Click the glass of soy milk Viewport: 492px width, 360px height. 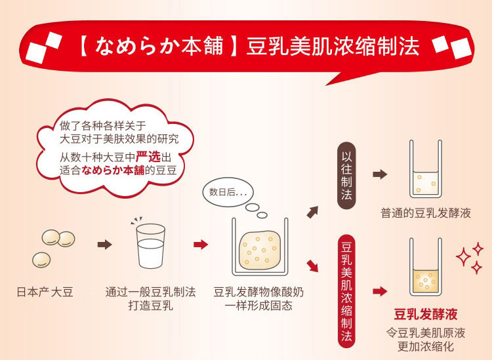pos(151,246)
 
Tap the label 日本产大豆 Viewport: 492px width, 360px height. pos(45,292)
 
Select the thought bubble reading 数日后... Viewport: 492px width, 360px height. pos(228,192)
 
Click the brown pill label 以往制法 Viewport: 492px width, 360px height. pos(346,176)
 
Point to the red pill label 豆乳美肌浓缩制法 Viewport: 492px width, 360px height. pos(346,292)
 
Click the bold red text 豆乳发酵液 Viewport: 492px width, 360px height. pos(426,314)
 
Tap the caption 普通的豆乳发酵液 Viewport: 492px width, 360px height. pos(426,213)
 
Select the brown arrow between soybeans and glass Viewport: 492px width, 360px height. pos(104,245)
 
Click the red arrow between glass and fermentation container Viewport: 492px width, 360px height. pos(201,245)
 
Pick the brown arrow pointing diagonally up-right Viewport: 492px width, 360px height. pos(312,212)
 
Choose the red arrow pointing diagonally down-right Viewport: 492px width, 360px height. pos(312,266)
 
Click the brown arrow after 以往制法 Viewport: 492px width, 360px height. pos(380,174)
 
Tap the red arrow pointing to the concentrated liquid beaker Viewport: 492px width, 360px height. pos(380,291)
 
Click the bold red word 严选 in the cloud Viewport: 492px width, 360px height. pos(148,157)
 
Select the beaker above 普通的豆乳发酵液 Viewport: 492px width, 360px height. pos(426,169)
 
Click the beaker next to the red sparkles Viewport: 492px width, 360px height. pos(426,267)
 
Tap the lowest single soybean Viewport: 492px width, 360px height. pos(41,260)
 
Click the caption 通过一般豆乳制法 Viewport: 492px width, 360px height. pos(151,292)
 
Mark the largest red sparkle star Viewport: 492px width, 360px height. pos(463,257)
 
